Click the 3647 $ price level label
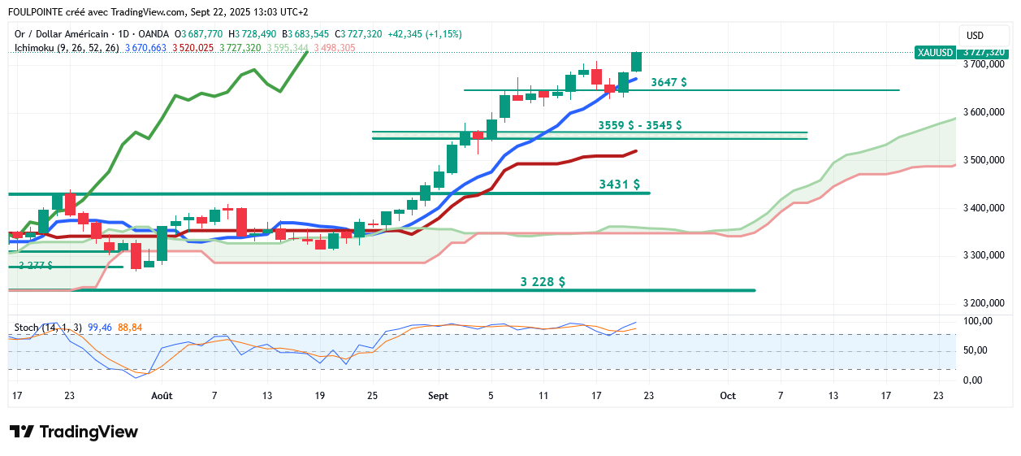pyautogui.click(x=668, y=82)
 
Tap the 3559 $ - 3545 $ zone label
pyautogui.click(x=639, y=125)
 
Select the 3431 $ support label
pyautogui.click(x=619, y=185)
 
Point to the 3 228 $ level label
pyautogui.click(x=543, y=282)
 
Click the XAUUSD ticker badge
pyautogui.click(x=934, y=53)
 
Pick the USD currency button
pyautogui.click(x=975, y=36)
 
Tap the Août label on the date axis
pyautogui.click(x=162, y=396)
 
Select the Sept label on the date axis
pyautogui.click(x=438, y=396)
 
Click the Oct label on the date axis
pyautogui.click(x=727, y=396)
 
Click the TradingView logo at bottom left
pyautogui.click(x=74, y=432)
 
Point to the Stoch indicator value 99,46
pyautogui.click(x=99, y=328)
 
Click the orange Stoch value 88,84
pyautogui.click(x=130, y=328)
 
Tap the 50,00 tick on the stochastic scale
pyautogui.click(x=977, y=351)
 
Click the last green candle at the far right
pyautogui.click(x=637, y=62)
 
